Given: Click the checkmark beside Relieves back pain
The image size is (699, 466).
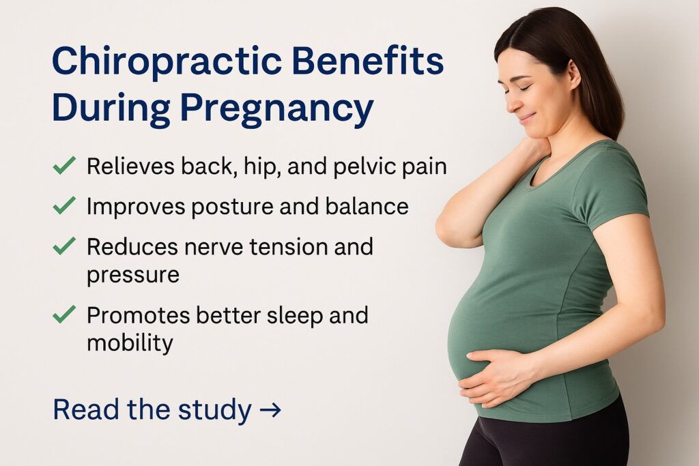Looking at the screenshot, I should point(64,166).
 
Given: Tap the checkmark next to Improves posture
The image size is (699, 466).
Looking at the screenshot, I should point(64,205).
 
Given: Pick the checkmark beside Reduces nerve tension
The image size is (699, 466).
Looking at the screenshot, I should point(64,246).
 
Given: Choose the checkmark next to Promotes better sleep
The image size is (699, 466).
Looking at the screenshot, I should point(64,315).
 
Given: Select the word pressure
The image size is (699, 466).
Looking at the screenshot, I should point(133,274).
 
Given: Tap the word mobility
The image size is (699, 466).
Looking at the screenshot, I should point(130,343).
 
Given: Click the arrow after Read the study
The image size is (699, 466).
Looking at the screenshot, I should point(270,410).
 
